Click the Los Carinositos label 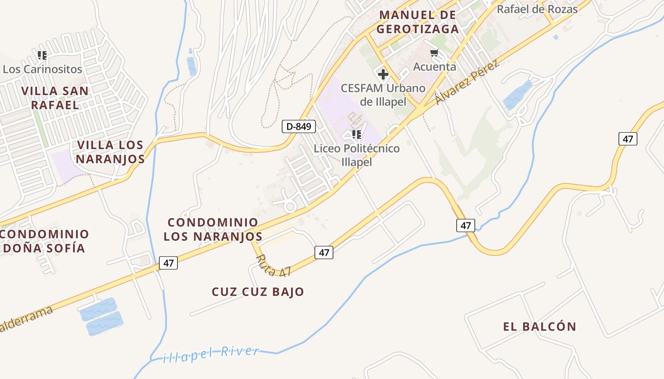tap(42, 69)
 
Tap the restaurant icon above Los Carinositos tap(42, 55)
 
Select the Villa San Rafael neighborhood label tap(55, 98)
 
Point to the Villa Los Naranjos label tap(111, 152)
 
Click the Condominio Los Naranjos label tap(213, 229)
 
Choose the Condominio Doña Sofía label tap(44, 241)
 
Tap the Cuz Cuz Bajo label tap(258, 291)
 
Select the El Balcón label tap(539, 326)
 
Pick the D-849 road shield tap(298, 126)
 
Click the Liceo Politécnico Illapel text tap(357, 155)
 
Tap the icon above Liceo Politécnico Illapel tap(357, 135)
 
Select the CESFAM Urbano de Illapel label tap(383, 95)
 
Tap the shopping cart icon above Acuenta tap(434, 53)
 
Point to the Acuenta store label tap(434, 67)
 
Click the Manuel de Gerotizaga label tap(417, 22)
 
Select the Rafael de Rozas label tap(537, 9)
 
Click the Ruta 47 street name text tap(273, 266)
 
